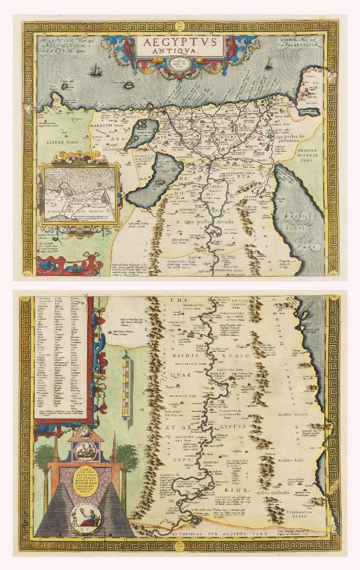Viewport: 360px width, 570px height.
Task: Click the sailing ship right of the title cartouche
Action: pos(269,63)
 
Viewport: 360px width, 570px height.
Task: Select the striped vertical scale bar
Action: pos(127,381)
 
